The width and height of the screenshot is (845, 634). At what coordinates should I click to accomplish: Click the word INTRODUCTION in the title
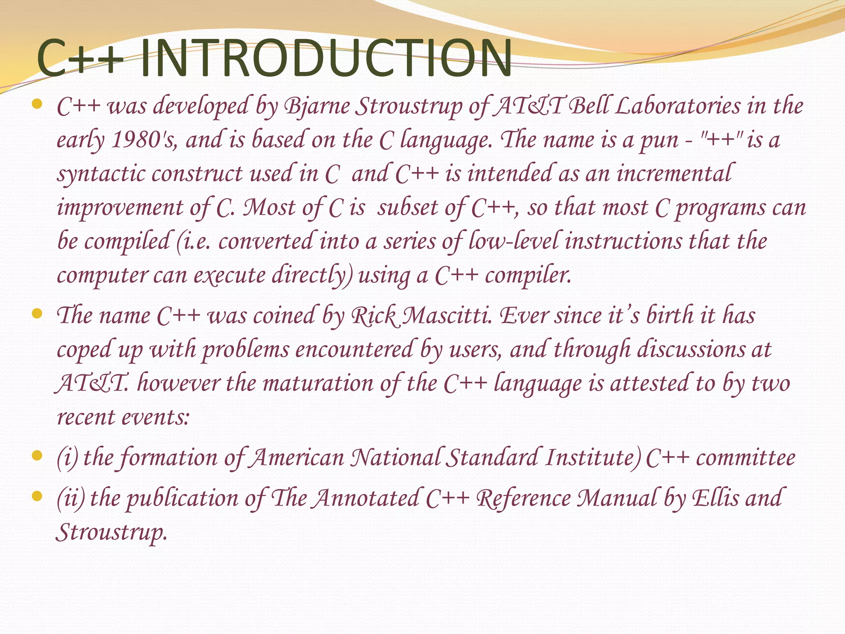coord(326,59)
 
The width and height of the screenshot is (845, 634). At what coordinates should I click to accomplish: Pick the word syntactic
coord(101,174)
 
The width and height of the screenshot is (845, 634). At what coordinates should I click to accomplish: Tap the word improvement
coord(120,208)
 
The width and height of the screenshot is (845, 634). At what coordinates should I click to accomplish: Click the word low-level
coord(513,241)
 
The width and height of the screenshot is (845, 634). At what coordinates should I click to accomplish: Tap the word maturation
coord(318,383)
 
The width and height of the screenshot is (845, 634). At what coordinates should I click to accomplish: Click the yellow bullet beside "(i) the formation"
coord(37,456)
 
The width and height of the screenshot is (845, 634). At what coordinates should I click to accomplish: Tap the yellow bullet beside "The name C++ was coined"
coord(37,314)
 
